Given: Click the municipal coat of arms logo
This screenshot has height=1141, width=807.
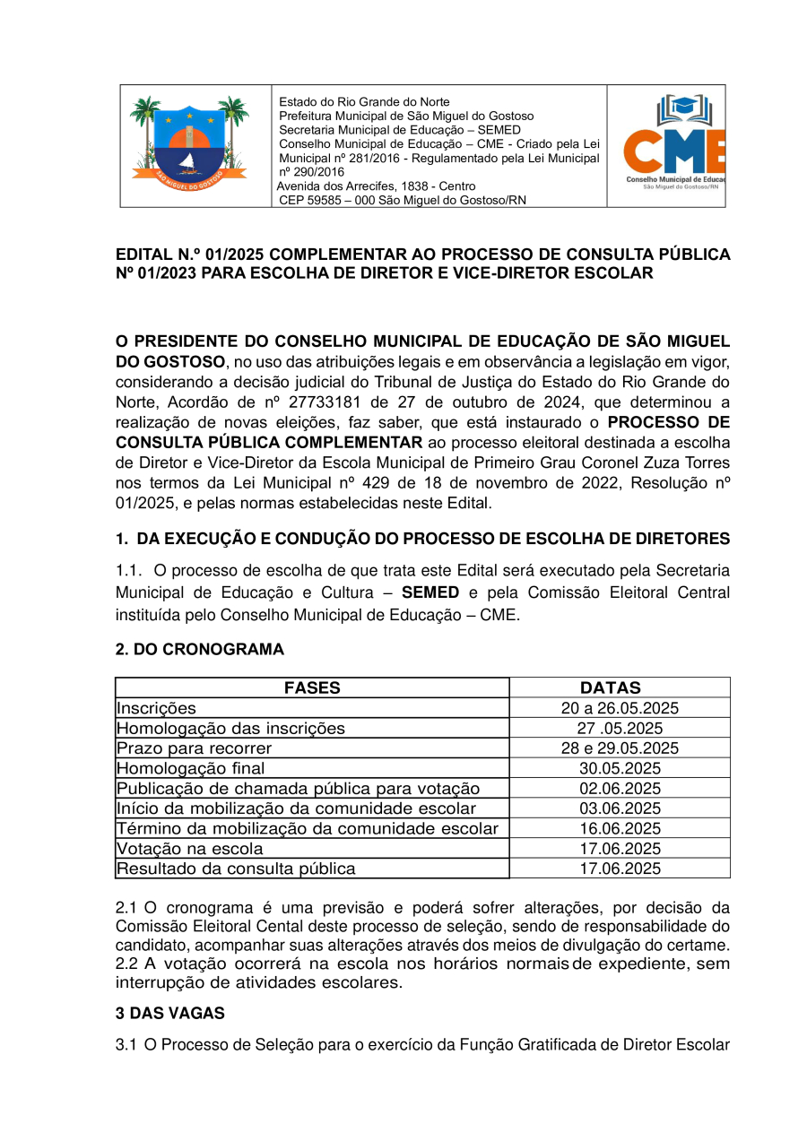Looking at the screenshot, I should pyautogui.click(x=189, y=143).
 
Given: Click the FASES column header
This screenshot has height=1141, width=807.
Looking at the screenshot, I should pyautogui.click(x=312, y=687).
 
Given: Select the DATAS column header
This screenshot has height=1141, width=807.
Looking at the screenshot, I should pyautogui.click(x=611, y=687).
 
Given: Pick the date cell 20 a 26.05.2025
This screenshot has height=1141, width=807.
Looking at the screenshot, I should pyautogui.click(x=620, y=708).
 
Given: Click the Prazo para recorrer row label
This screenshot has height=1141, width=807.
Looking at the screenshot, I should pyautogui.click(x=195, y=748).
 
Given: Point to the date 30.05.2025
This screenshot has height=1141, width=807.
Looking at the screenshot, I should pyautogui.click(x=620, y=768).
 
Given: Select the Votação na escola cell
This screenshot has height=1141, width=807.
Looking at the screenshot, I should pyautogui.click(x=190, y=848).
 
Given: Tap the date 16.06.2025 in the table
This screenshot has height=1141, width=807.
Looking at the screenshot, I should pyautogui.click(x=620, y=828).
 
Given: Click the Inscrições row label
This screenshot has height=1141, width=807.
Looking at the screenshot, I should pyautogui.click(x=156, y=708).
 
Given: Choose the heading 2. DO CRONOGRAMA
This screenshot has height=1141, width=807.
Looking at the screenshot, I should pyautogui.click(x=200, y=649).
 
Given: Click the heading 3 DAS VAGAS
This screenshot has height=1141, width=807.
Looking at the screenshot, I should pyautogui.click(x=170, y=1013).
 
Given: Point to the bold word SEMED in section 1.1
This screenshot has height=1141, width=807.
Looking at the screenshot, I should pyautogui.click(x=430, y=592).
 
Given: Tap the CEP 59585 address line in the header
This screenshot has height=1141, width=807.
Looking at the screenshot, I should pyautogui.click(x=403, y=200).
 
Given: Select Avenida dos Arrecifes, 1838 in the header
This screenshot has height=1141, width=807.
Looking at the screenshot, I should pyautogui.click(x=376, y=186).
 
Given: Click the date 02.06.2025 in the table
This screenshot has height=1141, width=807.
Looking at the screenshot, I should pyautogui.click(x=620, y=788).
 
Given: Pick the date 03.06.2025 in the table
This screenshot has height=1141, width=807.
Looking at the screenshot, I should pyautogui.click(x=620, y=808).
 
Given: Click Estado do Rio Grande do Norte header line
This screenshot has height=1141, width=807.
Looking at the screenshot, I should pyautogui.click(x=364, y=102).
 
